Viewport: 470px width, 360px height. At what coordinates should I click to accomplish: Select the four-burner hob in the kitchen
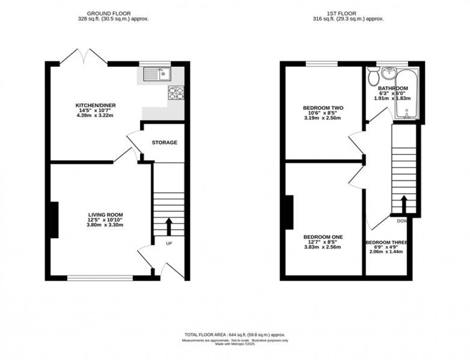176,93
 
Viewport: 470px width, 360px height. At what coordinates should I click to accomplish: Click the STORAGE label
164,142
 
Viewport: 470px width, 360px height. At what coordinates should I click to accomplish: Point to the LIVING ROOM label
106,214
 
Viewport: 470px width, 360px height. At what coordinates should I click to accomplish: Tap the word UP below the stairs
169,244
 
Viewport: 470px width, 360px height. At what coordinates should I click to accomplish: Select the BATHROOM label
393,89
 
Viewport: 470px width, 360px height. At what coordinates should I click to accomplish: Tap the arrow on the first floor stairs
404,204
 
